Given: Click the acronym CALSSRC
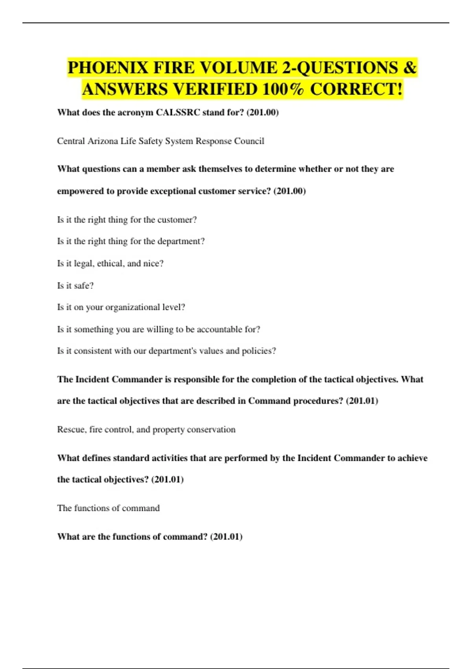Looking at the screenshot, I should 178,113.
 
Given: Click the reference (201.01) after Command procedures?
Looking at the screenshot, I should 362,401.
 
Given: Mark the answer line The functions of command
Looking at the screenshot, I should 108,508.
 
